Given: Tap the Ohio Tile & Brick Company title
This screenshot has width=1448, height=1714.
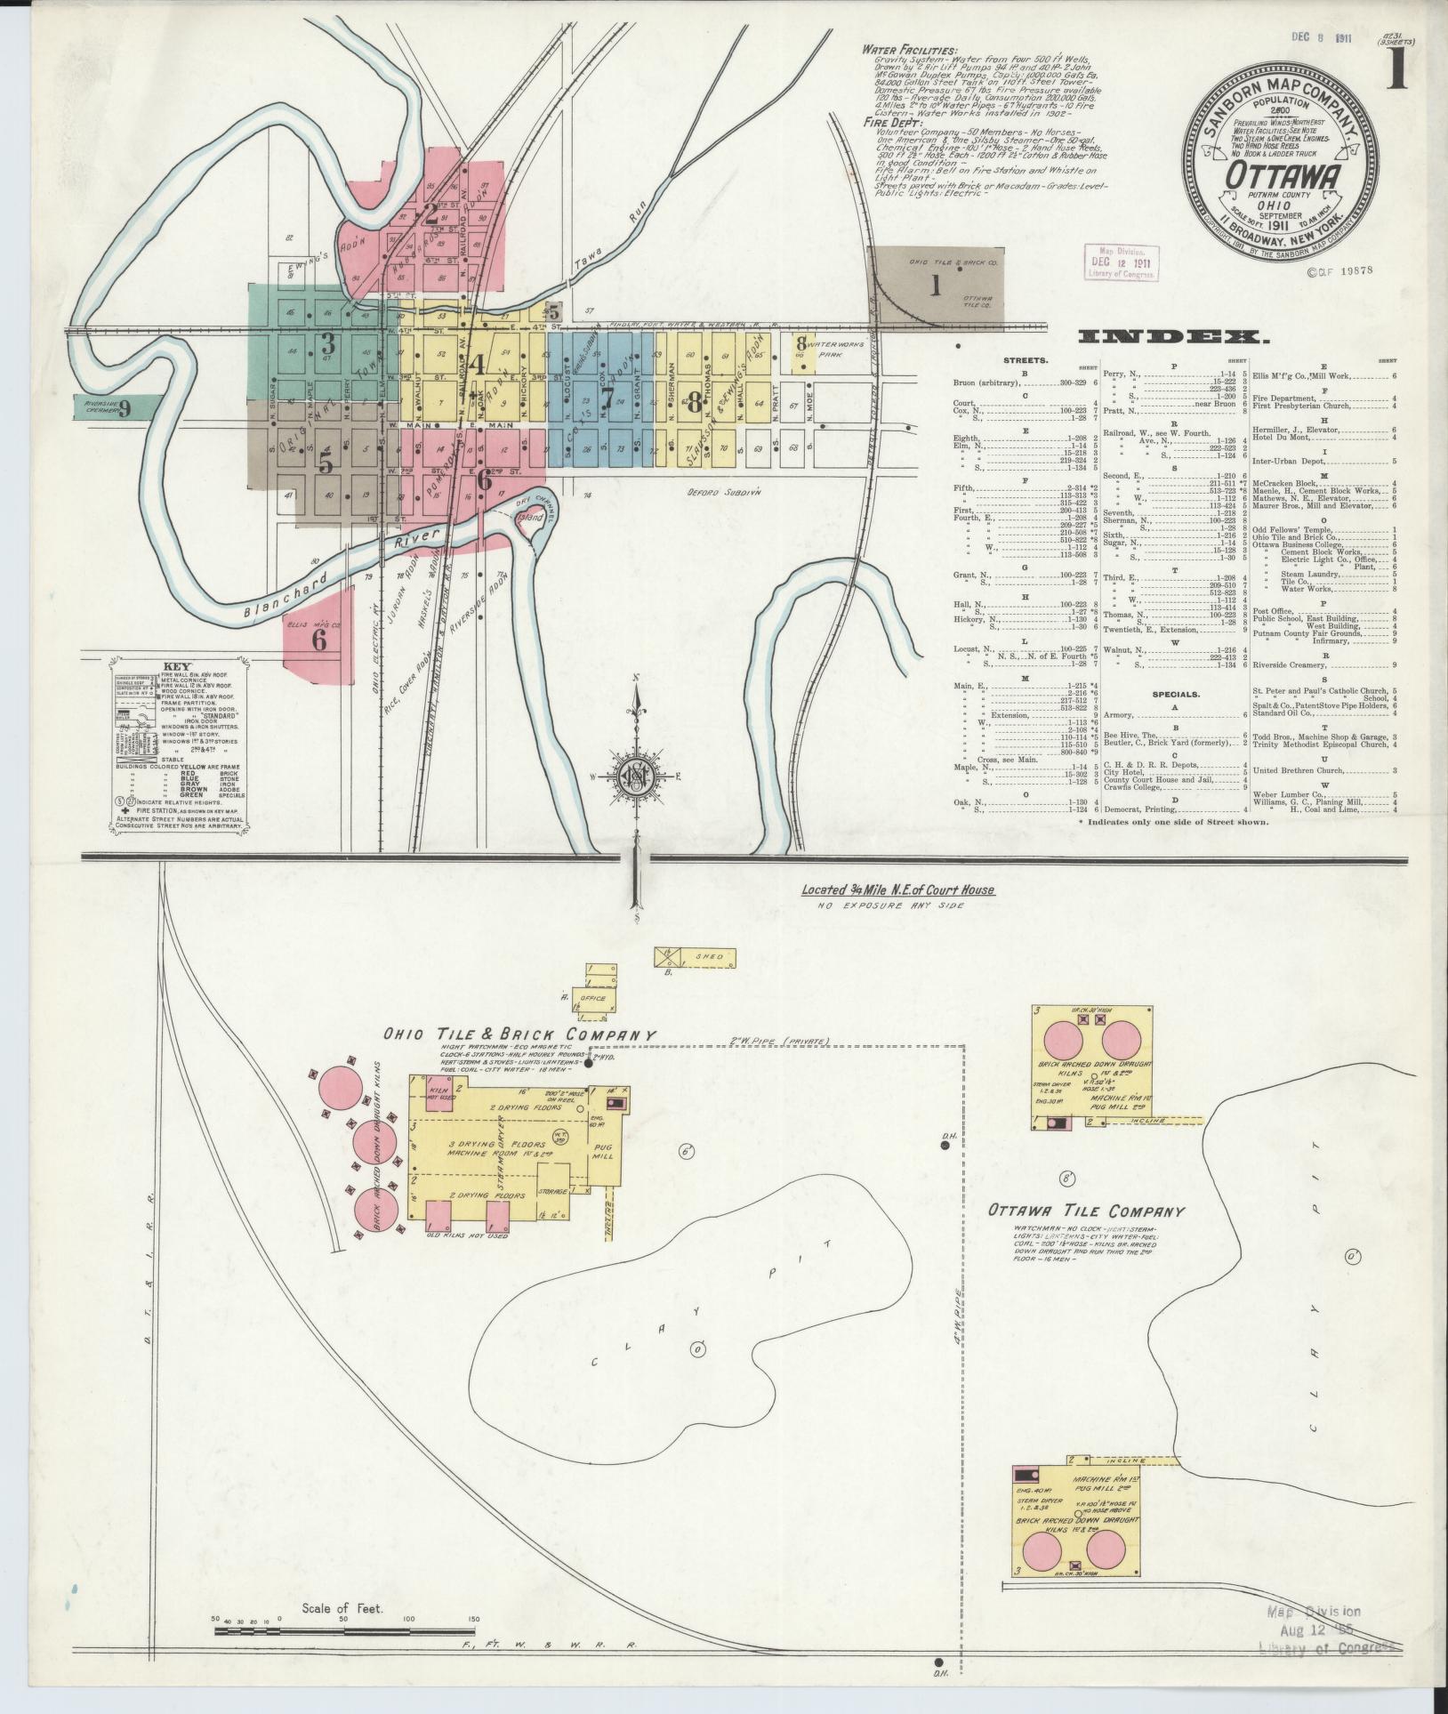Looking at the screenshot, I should tap(520, 1035).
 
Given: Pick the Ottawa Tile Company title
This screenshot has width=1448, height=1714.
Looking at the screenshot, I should tap(1086, 1211).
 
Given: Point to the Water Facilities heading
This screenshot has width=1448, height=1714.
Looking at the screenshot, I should tap(908, 51).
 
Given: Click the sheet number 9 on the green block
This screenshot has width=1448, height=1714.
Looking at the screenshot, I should tap(125, 408).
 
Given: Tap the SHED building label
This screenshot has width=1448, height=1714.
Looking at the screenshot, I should tap(704, 957).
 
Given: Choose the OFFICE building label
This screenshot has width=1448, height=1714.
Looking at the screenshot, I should tap(592, 998).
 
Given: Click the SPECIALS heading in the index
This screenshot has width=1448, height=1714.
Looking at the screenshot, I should tap(1177, 693).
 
